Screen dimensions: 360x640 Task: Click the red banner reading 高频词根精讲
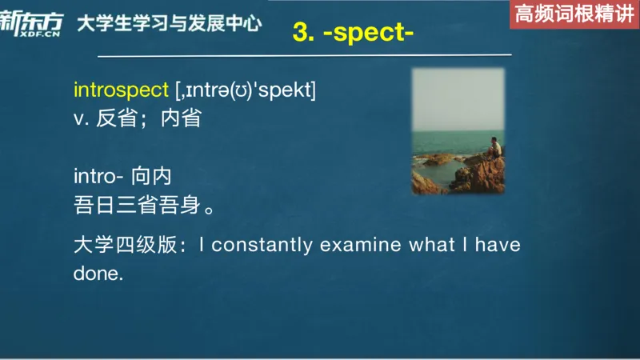tap(574, 14)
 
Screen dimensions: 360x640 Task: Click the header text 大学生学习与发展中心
tap(169, 23)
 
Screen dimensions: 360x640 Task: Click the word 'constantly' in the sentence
tap(262, 245)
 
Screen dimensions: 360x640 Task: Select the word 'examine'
tap(360, 245)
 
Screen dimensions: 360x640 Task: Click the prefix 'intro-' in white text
tap(98, 176)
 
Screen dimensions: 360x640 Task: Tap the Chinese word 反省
tap(115, 118)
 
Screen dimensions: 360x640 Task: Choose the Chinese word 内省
tap(181, 118)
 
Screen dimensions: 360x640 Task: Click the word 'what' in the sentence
tap(432, 245)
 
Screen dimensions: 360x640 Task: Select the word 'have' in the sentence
tap(498, 245)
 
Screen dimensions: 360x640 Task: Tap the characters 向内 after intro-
tap(152, 176)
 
